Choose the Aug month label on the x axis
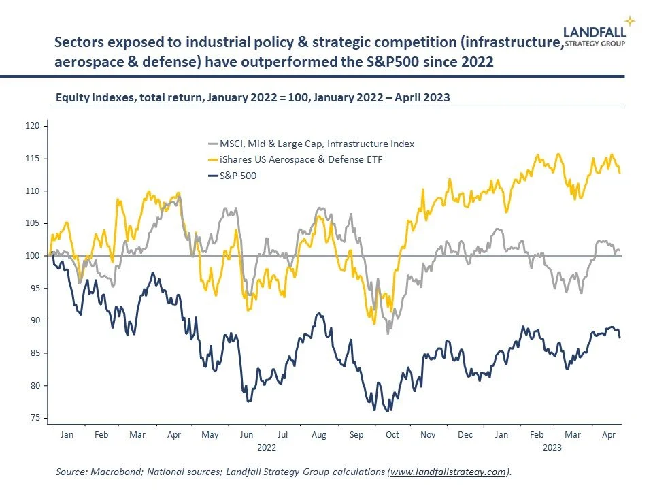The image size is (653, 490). point(318,434)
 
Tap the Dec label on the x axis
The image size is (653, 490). point(465,434)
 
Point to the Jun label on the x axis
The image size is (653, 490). point(246,434)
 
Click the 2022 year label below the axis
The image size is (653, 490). point(266,447)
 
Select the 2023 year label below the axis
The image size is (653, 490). point(552,447)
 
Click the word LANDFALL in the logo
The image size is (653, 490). point(595,31)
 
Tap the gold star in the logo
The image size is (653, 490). point(631,21)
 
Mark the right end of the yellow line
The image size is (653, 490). point(620,173)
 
